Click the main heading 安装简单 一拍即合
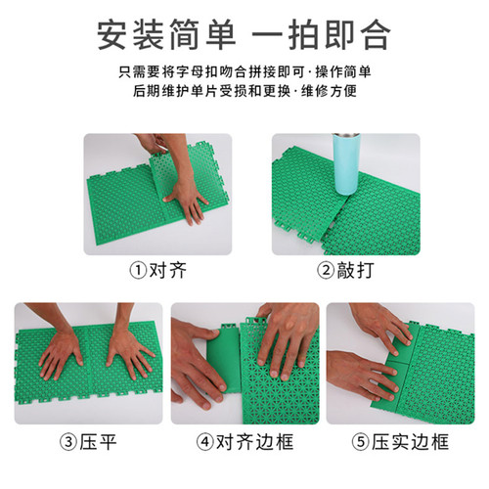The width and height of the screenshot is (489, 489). click(x=244, y=35)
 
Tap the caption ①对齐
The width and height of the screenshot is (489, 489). click(x=158, y=270)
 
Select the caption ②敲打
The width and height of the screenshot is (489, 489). click(x=345, y=270)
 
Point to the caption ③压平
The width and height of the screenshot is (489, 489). click(x=88, y=442)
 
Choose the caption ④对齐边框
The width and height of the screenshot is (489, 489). click(x=244, y=442)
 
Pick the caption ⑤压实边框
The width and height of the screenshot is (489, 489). click(x=400, y=442)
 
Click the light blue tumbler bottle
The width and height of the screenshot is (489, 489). click(x=346, y=164)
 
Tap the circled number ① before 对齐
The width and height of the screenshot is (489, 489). click(x=138, y=271)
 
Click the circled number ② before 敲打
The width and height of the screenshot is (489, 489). click(x=326, y=271)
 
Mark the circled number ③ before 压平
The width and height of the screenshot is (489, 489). click(x=68, y=442)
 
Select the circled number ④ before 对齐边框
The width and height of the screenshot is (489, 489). click(x=205, y=442)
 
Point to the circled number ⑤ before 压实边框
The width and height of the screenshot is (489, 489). click(x=360, y=442)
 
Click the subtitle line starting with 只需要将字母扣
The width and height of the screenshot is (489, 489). click(x=244, y=72)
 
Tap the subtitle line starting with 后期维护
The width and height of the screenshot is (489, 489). click(x=244, y=91)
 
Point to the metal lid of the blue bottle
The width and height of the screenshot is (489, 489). click(x=346, y=135)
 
